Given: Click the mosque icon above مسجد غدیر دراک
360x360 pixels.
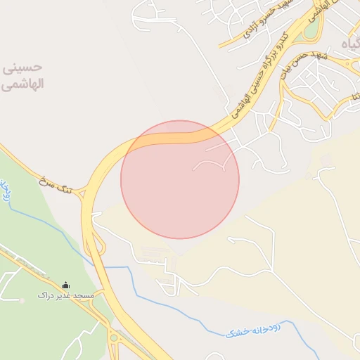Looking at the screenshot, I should coord(66,285).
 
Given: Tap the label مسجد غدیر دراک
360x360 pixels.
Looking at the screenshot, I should coord(65,296).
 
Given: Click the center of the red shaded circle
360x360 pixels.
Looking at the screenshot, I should coord(180,179).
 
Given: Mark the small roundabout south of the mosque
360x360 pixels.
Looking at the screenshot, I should coord(113,338).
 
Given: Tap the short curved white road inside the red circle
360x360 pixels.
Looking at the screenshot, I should coord(210,162).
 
